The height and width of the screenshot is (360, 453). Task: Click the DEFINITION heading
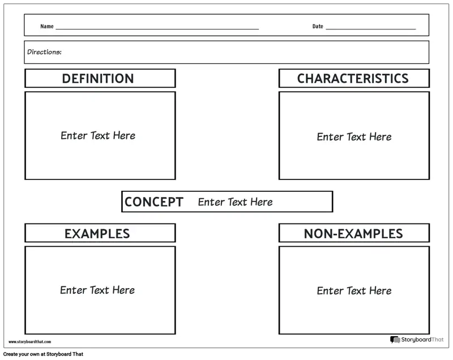(98, 79)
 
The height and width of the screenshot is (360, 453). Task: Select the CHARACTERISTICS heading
(353, 79)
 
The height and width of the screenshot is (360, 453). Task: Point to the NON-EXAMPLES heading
(353, 233)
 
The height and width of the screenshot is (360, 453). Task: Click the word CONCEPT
(153, 202)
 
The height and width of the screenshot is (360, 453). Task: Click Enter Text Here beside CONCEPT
(235, 202)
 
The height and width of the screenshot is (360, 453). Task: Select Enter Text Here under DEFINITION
(98, 135)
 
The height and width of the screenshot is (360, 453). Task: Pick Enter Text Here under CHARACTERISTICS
(354, 136)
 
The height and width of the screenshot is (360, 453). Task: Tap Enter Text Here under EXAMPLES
(97, 290)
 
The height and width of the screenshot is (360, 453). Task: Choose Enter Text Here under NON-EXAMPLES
(354, 290)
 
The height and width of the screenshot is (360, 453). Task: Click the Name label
(47, 27)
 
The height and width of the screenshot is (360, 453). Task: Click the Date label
(318, 27)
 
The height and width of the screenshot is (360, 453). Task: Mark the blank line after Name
(157, 28)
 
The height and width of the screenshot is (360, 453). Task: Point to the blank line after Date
(371, 28)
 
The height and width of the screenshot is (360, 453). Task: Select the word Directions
(44, 52)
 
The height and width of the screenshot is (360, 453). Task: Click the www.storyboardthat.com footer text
(29, 342)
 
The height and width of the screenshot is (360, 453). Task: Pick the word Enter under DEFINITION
(74, 135)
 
